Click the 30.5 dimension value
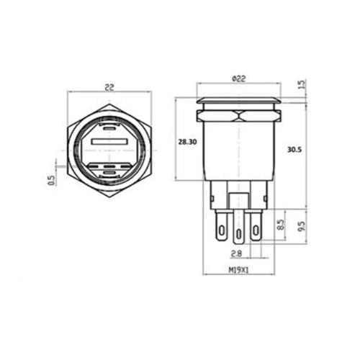pyautogui.click(x=294, y=150)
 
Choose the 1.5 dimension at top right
pyautogui.click(x=302, y=85)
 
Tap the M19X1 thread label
pyautogui.click(x=239, y=272)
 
